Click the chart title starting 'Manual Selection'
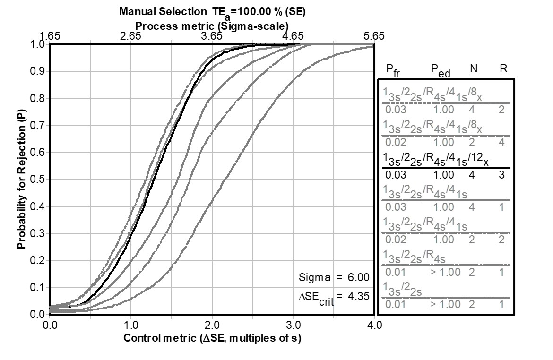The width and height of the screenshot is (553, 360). pyautogui.click(x=212, y=12)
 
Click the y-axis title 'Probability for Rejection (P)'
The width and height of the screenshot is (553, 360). pyautogui.click(x=21, y=179)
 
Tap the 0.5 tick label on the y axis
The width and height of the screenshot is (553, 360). pyautogui.click(x=36, y=180)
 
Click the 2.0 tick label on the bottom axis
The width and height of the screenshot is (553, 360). pyautogui.click(x=212, y=326)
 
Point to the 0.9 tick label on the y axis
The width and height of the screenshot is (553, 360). pyautogui.click(x=36, y=71)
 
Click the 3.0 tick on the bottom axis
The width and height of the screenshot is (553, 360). pyautogui.click(x=293, y=326)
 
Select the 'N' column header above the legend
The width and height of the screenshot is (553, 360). pyautogui.click(x=473, y=69)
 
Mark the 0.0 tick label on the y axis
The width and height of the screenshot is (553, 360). pyautogui.click(x=36, y=314)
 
